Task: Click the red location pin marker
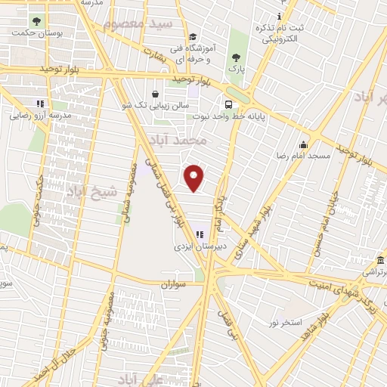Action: [195, 178]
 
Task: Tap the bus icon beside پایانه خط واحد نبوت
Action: [228, 105]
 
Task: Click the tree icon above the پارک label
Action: [237, 57]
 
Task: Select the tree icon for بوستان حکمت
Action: [35, 21]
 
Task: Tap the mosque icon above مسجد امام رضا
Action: [303, 144]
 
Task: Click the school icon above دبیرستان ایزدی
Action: [200, 235]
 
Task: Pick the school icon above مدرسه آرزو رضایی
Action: [39, 104]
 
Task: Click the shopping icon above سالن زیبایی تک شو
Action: [156, 94]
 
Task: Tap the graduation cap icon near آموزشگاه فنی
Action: [193, 36]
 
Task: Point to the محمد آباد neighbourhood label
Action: [200, 141]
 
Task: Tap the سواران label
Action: [172, 285]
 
